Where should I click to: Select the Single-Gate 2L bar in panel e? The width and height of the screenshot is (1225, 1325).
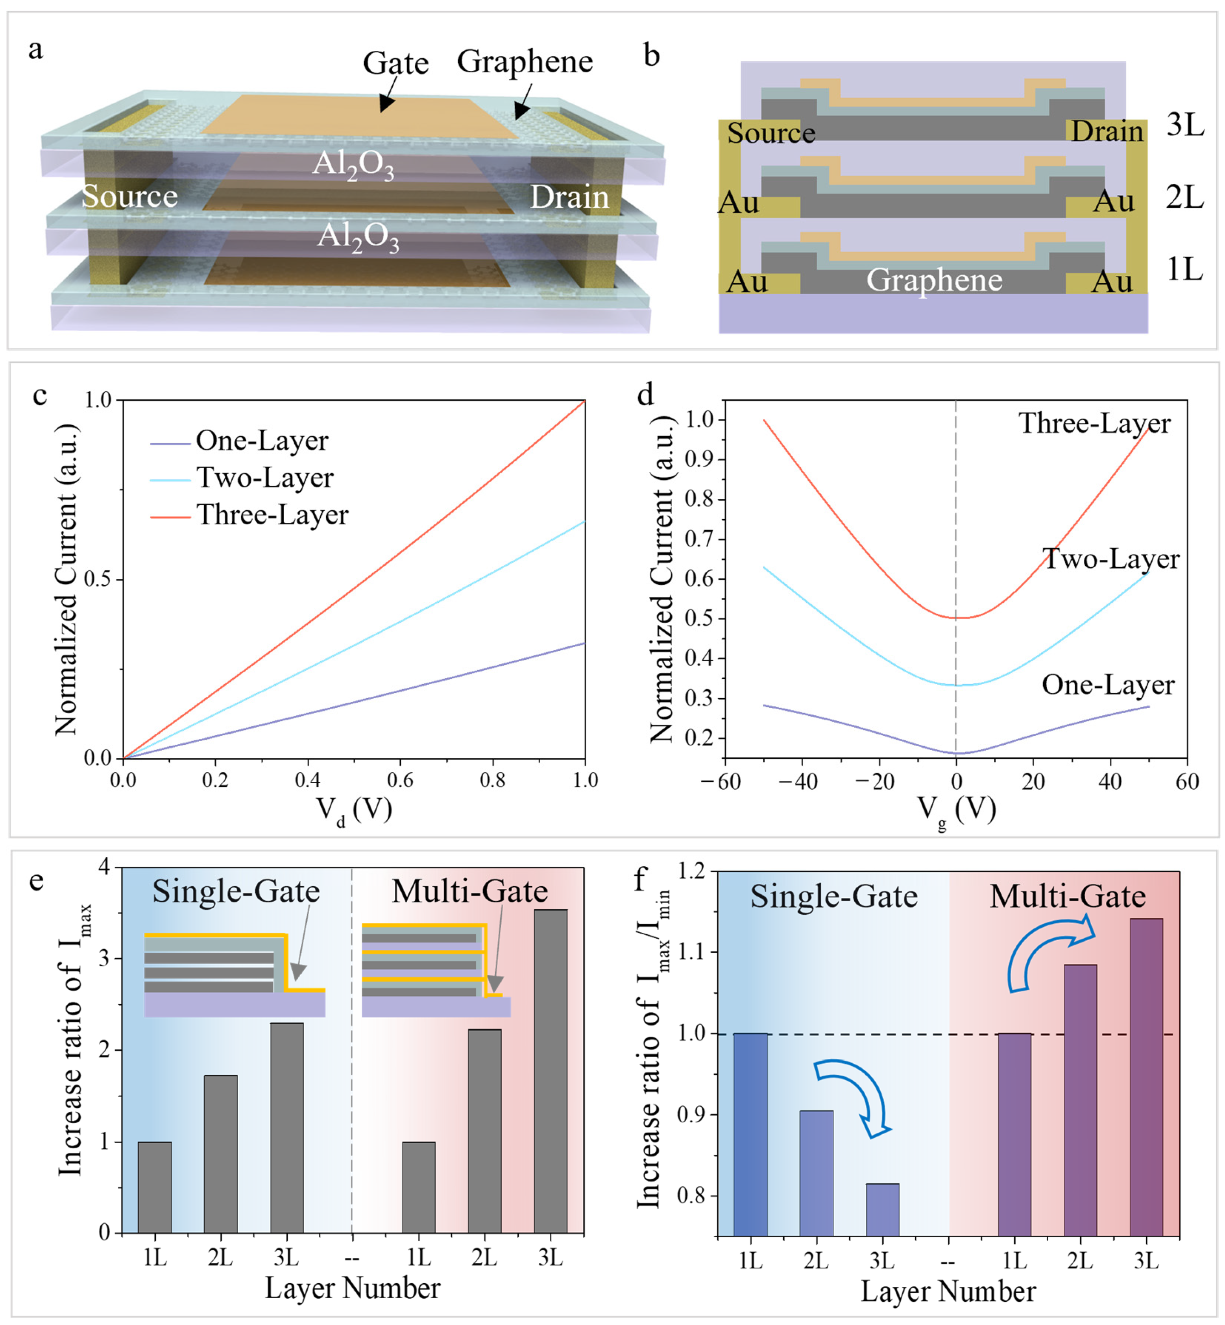[x=221, y=1154]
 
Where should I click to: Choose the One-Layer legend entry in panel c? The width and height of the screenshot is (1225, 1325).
[x=262, y=441]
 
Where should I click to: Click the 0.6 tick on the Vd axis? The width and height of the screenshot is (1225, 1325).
[x=400, y=779]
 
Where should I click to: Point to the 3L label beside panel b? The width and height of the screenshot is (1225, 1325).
[x=1185, y=125]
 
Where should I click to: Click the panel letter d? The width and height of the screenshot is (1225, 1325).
[x=645, y=395]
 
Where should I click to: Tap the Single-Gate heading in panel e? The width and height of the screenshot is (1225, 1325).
[x=236, y=891]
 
